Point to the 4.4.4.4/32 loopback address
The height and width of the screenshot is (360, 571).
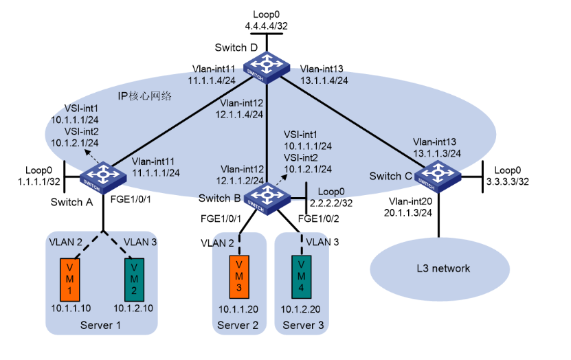267,25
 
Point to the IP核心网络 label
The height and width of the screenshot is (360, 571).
144,95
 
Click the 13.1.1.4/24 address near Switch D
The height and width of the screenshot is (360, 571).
327,80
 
